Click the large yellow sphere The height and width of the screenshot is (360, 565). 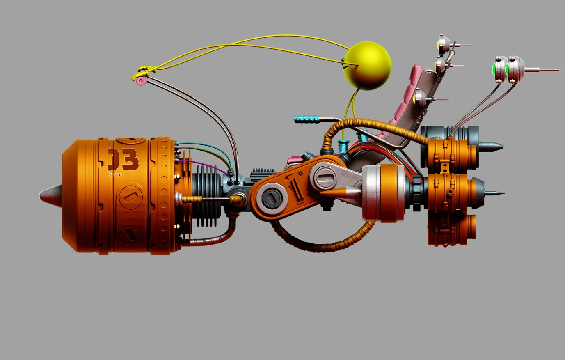(x=368, y=66)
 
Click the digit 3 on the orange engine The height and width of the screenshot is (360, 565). (x=130, y=160)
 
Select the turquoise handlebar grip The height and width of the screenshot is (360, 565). (x=307, y=119)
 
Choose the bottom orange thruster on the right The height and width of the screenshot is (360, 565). (x=451, y=230)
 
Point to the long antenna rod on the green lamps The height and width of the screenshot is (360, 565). (x=542, y=70)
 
